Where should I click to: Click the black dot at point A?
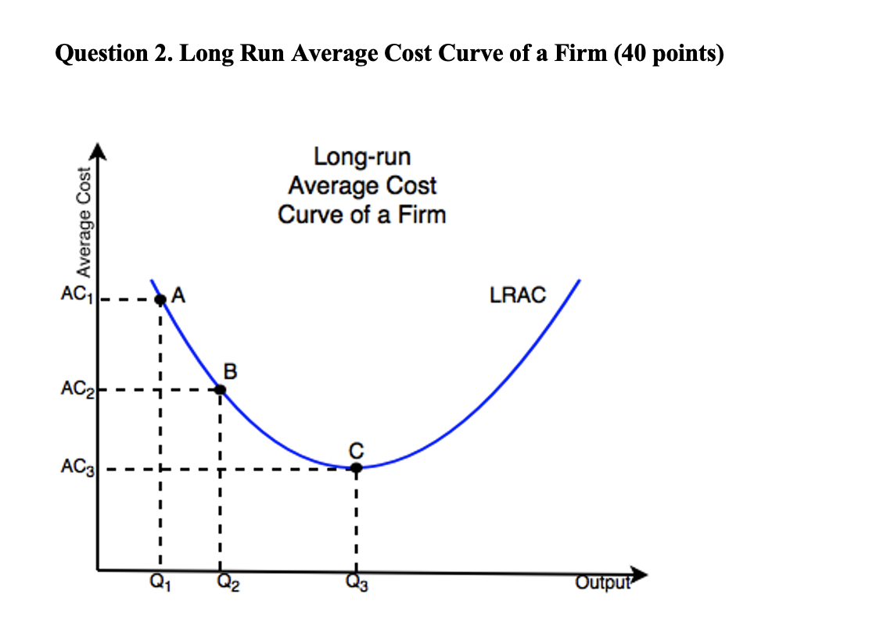(160, 299)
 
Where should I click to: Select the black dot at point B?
(221, 389)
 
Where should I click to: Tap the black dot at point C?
(356, 468)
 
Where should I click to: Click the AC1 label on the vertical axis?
(76, 296)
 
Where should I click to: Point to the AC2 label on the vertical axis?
(76, 389)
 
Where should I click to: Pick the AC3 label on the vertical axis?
(76, 469)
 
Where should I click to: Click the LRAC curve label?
(517, 295)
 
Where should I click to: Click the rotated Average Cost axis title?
(81, 223)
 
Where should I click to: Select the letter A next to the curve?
(178, 295)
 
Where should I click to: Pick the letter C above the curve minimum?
(356, 449)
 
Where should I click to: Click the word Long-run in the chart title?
(361, 157)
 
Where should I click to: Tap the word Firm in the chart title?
(420, 214)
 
